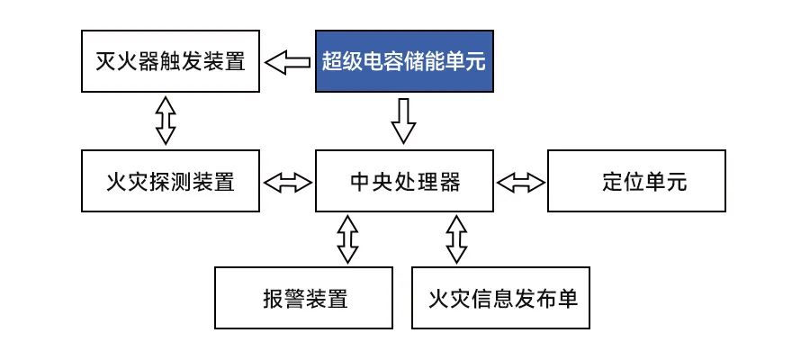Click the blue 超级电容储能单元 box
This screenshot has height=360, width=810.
[x=404, y=61]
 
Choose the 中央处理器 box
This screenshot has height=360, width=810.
[x=404, y=181]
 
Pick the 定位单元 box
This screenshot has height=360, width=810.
[x=636, y=181]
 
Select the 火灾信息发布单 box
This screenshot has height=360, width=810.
[x=501, y=298]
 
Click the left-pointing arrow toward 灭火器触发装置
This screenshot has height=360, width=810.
[x=288, y=62]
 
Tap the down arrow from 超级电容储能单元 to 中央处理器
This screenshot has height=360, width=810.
[x=404, y=121]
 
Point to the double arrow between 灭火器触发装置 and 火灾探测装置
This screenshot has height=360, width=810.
[x=164, y=121]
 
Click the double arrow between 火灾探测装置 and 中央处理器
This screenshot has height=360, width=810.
[x=288, y=182]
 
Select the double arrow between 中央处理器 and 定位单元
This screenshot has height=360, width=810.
[x=521, y=182]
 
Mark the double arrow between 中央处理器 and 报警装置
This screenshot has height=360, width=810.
[x=347, y=238]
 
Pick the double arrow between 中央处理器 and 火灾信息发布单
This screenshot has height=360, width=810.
[x=457, y=238]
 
